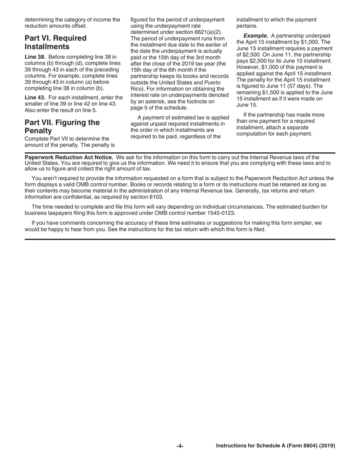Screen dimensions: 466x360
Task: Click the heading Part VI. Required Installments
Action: point(55,42)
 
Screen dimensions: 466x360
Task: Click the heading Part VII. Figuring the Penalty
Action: point(62,127)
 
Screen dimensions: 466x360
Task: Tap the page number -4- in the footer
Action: point(180,446)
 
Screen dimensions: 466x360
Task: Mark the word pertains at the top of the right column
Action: point(247,26)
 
